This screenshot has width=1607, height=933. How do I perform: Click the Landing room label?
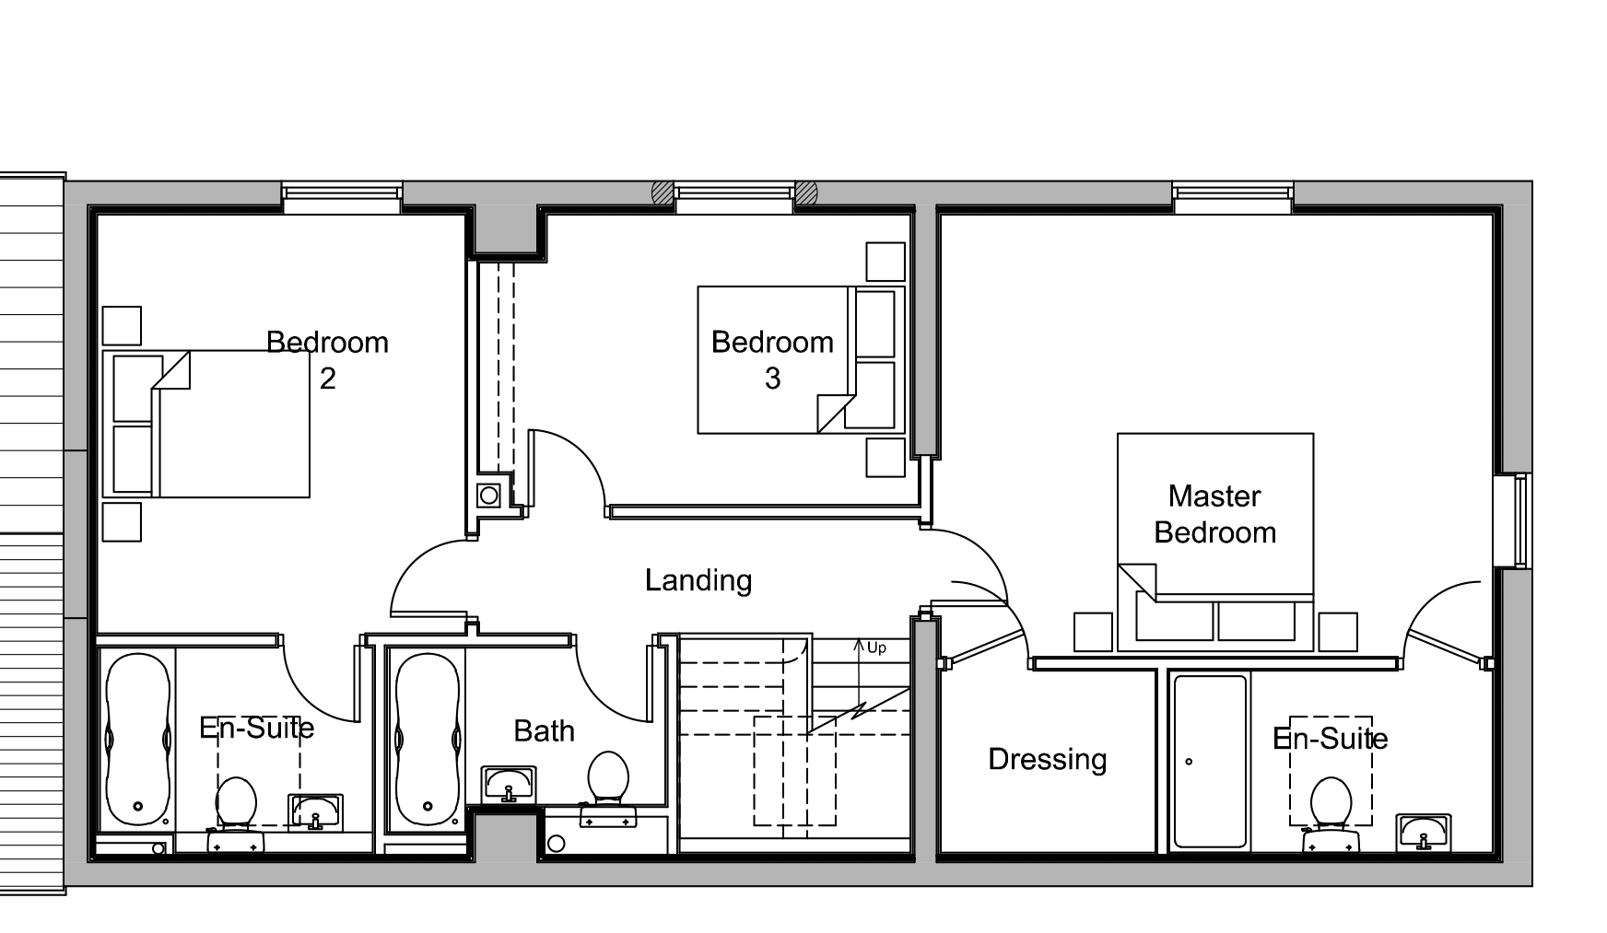698,581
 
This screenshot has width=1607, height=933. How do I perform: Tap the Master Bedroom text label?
1214,514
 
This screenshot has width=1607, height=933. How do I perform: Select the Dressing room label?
1047,760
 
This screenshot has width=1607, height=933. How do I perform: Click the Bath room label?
544,731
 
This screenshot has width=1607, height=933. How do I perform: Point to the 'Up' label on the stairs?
876,648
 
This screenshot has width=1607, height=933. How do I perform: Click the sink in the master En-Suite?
1423,833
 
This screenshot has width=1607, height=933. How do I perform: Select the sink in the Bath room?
508,786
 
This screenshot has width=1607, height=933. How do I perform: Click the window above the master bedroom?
1233,198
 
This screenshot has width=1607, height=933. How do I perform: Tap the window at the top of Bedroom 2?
342,198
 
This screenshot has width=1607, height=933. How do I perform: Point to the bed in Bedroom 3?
801,359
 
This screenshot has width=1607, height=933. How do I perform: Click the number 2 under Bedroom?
327,379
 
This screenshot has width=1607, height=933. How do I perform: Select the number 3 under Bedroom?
772,379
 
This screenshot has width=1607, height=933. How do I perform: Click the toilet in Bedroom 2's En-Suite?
236,814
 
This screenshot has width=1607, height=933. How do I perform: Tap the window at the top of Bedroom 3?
734,198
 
